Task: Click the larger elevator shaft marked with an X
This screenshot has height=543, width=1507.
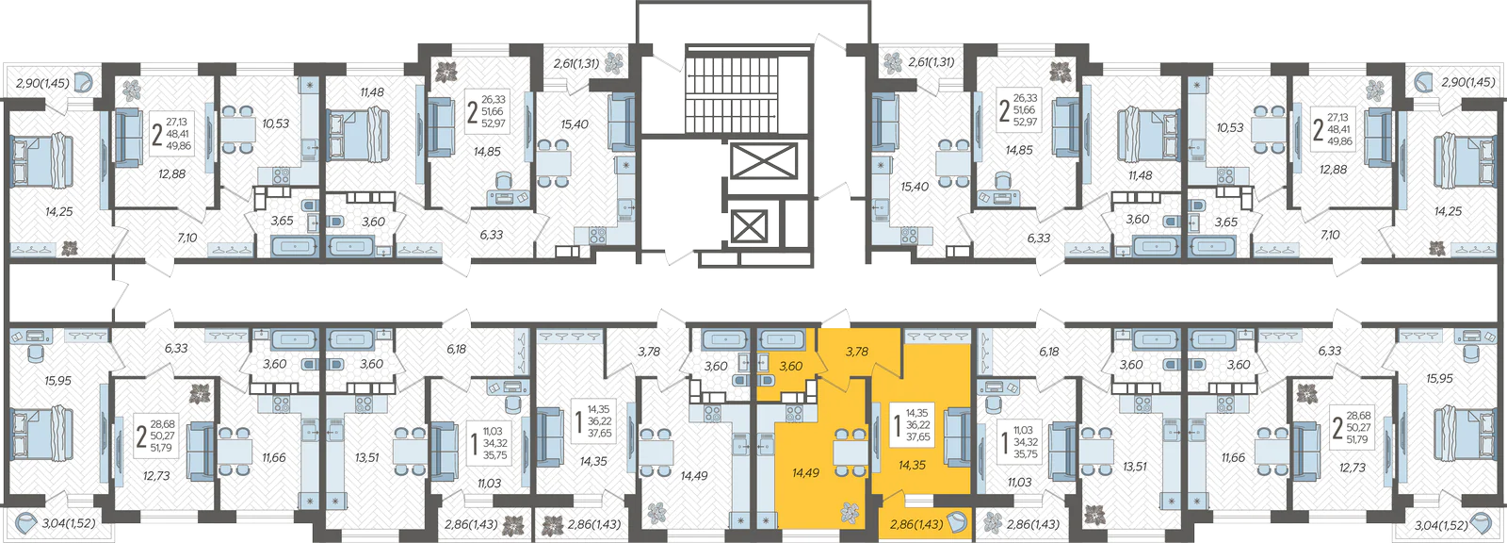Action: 764,162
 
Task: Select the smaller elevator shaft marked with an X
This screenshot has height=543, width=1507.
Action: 749,225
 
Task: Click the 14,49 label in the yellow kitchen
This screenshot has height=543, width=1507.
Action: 805,473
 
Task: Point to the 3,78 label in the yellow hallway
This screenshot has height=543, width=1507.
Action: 856,351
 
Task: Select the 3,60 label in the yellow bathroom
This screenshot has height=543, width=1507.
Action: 790,366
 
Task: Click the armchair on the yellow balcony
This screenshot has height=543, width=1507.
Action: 957,522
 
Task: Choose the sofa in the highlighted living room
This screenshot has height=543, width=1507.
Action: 957,438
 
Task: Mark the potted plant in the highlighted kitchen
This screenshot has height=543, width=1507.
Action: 851,514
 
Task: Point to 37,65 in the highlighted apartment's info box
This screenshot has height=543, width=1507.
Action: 917,436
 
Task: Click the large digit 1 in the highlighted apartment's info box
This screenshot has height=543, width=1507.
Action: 896,425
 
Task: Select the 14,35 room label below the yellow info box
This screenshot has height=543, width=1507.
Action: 913,464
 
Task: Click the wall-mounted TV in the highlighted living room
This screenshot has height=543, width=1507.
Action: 877,436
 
